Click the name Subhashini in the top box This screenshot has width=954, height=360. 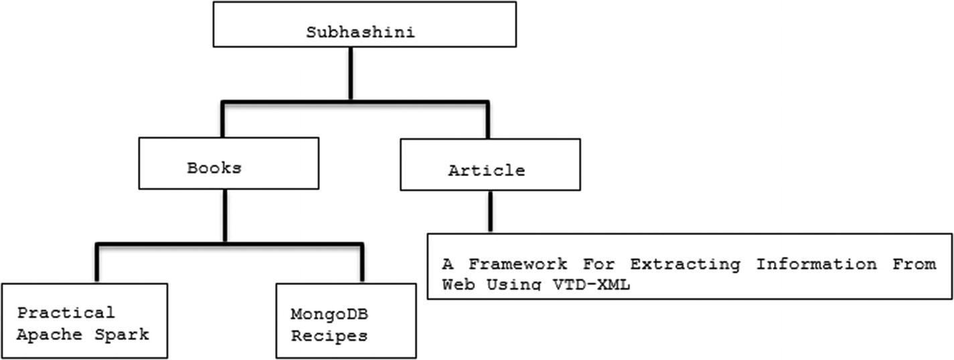360,31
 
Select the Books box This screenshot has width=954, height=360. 228,164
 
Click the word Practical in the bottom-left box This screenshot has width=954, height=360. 66,313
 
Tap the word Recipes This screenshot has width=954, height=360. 329,335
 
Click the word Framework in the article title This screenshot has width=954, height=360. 517,264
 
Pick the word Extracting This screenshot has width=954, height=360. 685,264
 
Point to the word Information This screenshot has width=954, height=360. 816,264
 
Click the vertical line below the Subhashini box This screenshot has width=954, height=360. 351,74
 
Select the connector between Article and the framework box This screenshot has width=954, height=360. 490,211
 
